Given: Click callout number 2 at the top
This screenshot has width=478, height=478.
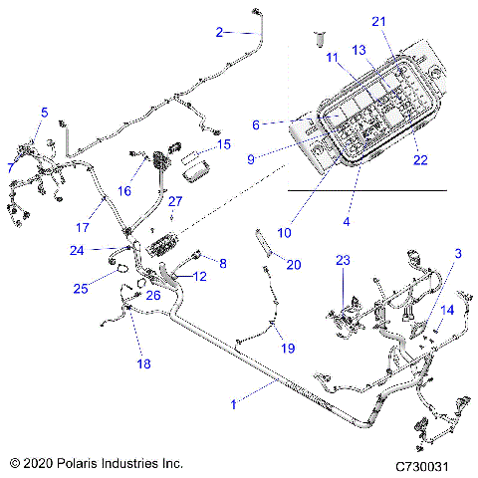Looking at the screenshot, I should [220, 32].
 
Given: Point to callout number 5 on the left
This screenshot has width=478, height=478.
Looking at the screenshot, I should [44, 111].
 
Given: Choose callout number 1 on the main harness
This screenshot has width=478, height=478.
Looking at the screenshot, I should [234, 404].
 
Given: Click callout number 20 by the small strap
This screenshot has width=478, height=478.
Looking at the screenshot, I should [293, 264].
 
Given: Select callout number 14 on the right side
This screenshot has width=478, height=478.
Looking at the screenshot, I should [447, 310].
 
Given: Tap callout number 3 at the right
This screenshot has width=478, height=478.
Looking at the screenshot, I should [430, 255].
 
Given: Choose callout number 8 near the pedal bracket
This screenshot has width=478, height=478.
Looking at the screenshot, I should [222, 263].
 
